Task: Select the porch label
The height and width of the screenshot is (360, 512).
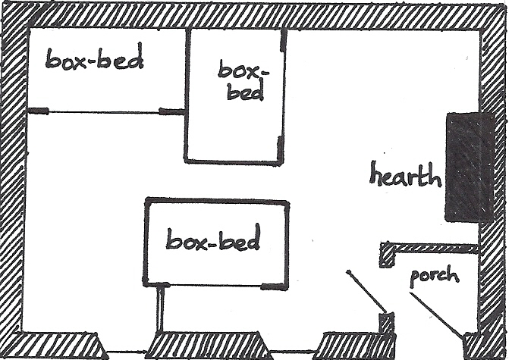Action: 435,274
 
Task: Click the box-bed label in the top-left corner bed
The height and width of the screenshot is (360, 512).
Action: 94,60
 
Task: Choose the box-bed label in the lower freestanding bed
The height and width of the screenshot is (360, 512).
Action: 213,241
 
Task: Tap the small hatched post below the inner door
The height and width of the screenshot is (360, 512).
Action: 387,321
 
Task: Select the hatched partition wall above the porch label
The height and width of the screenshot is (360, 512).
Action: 429,249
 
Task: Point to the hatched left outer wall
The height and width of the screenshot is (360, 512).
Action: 13,182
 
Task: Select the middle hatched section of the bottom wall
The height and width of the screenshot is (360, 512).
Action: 209,346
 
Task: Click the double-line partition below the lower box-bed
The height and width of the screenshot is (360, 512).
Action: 161,308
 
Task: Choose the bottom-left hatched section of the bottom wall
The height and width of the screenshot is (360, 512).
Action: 57,346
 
